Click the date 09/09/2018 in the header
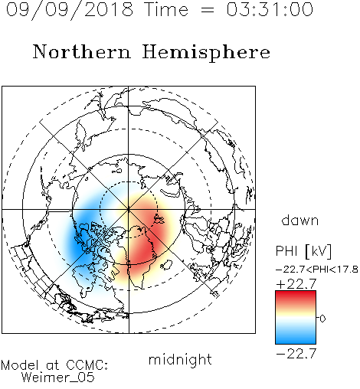(x=70, y=10)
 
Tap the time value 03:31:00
(x=270, y=9)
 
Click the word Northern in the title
(x=82, y=51)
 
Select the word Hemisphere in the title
(x=206, y=53)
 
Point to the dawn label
(x=300, y=220)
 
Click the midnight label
(x=180, y=359)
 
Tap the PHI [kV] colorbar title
(x=303, y=251)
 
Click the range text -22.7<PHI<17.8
(x=317, y=270)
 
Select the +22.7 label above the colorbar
(x=296, y=284)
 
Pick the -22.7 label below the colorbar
(x=296, y=354)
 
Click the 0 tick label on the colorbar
(x=322, y=319)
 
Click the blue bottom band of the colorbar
(x=296, y=338)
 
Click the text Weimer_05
(x=58, y=378)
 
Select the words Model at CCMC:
(x=54, y=365)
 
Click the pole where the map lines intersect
(x=129, y=210)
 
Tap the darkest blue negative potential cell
(x=79, y=245)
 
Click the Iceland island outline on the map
(x=166, y=265)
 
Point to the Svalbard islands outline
(x=159, y=219)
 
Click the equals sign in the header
(x=207, y=10)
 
